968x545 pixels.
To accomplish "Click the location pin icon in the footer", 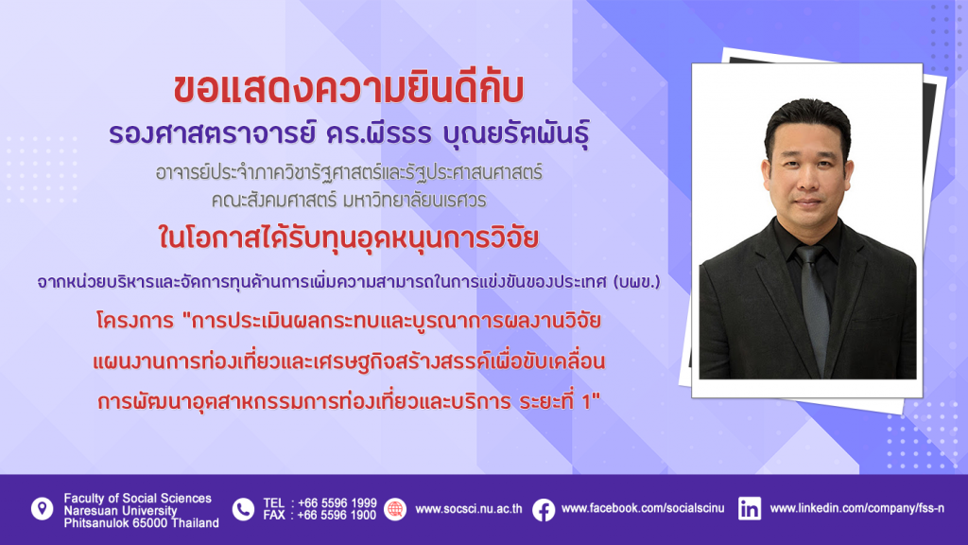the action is point(42,509).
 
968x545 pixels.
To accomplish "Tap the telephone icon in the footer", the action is point(243,510).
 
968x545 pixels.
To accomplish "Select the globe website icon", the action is point(395,509).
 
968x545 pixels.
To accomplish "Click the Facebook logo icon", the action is point(544,510).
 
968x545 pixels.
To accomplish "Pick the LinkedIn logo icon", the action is point(750,509).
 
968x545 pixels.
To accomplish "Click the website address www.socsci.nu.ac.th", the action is point(469,509).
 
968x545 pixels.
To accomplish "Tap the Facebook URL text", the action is point(643,508).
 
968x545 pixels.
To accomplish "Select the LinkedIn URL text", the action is point(856,508).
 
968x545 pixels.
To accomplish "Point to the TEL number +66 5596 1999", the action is point(337,503).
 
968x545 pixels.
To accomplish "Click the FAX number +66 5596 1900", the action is point(337,515).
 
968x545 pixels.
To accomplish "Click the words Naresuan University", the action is point(120,510).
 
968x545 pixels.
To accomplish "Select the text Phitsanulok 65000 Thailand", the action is point(142,522).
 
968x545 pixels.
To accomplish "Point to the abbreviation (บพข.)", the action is point(636,282).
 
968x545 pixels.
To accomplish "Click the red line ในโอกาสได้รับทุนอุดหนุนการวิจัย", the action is point(349,237).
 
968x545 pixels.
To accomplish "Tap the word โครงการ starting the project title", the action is point(135,321).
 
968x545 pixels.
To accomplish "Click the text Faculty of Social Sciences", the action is point(138,498).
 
